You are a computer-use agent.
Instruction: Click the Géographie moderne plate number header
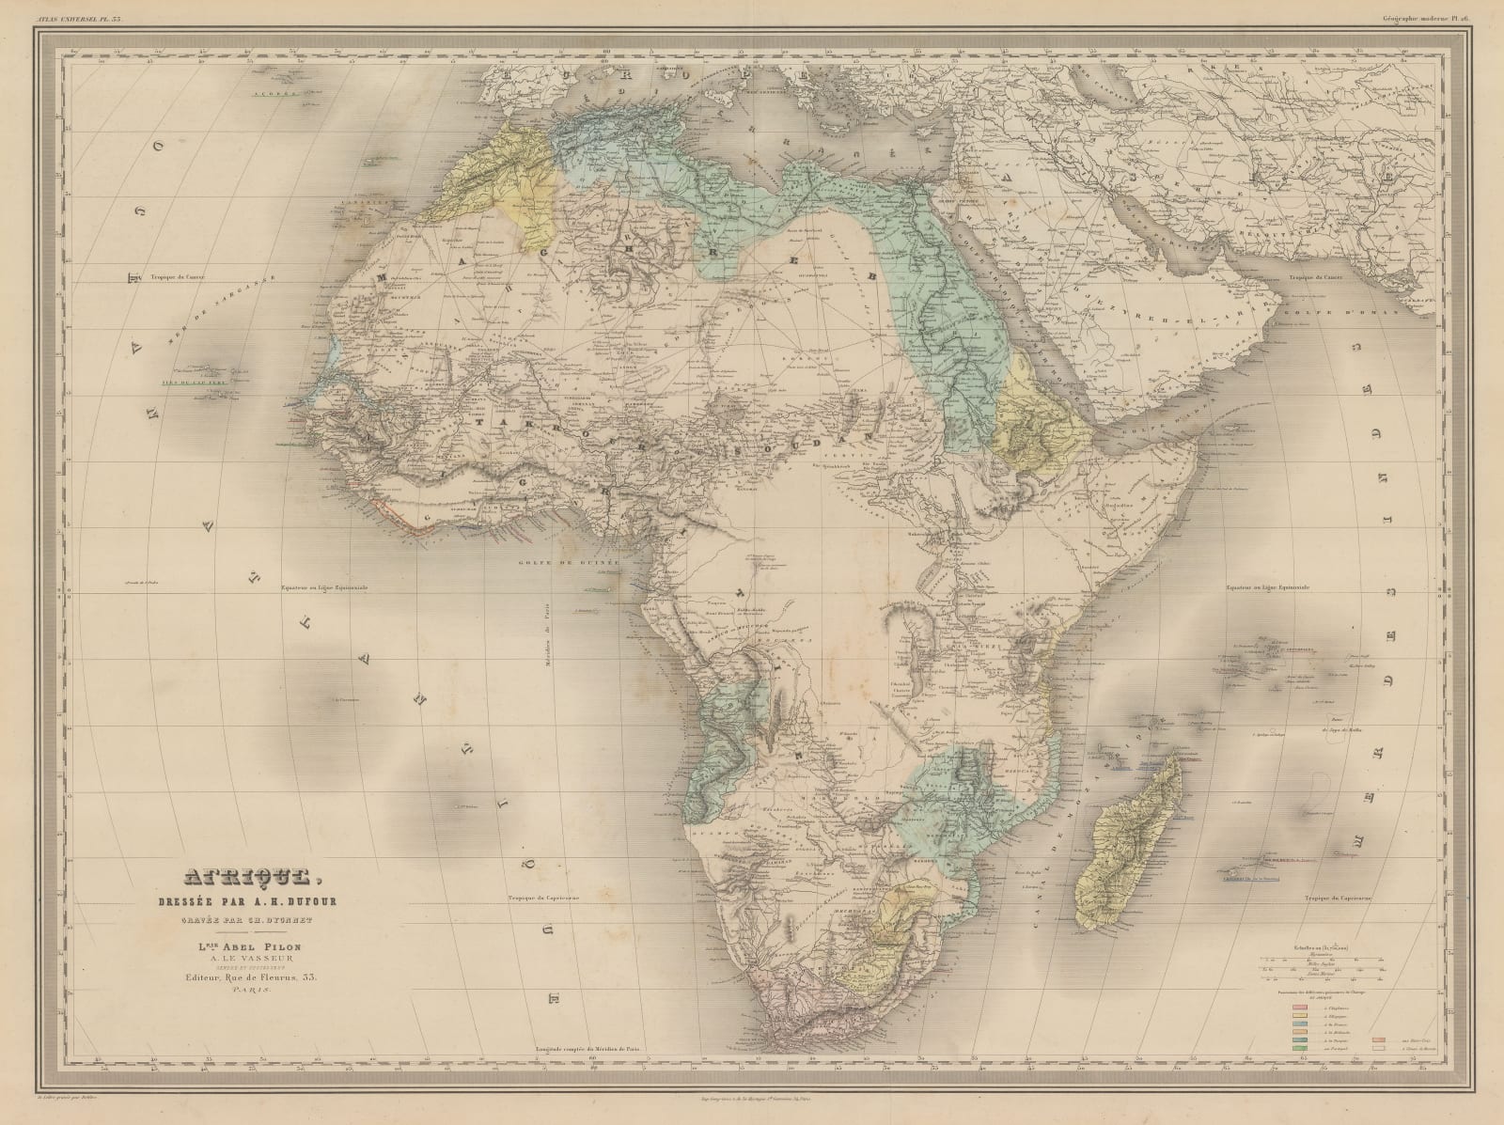click(x=1436, y=8)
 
